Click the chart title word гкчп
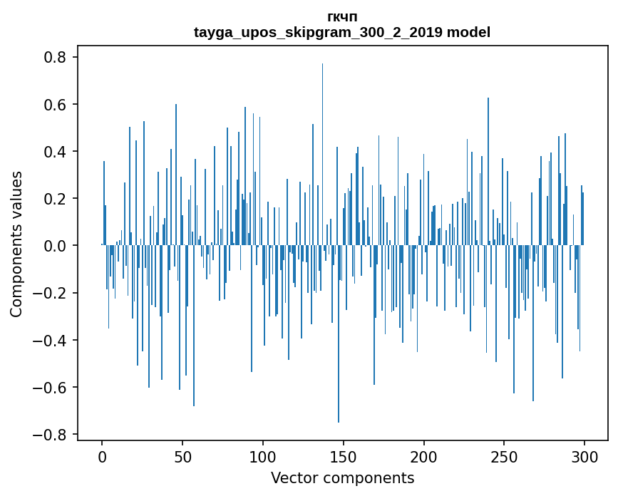[342, 17]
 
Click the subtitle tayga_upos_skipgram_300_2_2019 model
[342, 32]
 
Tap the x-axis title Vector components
[342, 477]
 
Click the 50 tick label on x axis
[182, 457]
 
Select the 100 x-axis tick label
[263, 457]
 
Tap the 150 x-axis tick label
[344, 457]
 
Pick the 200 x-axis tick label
[424, 457]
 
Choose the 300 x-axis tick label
[584, 457]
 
